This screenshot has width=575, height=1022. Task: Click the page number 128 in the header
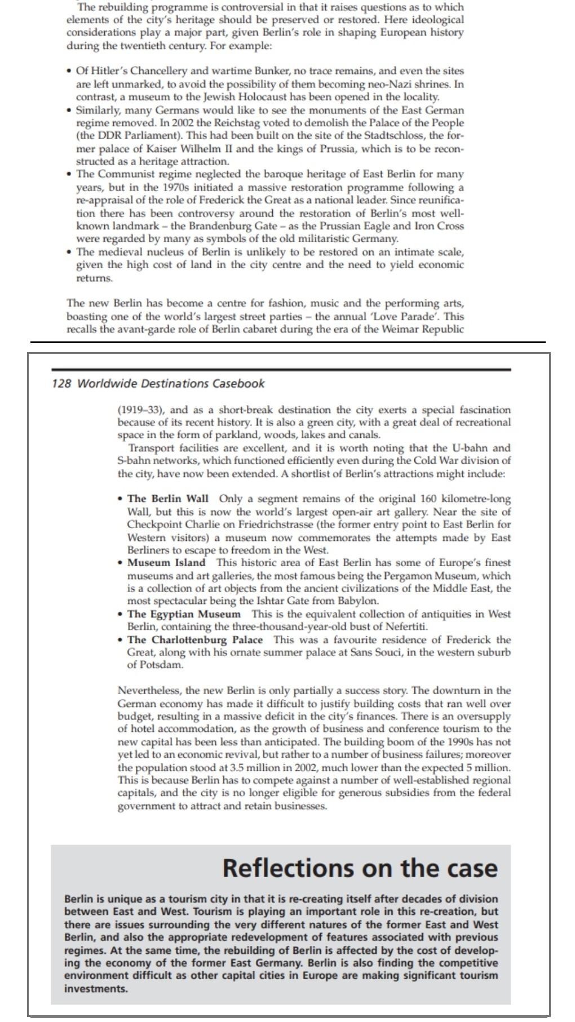[x=61, y=384]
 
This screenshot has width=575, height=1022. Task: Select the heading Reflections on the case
[x=360, y=868]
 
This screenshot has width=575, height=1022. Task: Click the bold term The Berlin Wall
[x=168, y=499]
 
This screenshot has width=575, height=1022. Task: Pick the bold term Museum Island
[x=166, y=562]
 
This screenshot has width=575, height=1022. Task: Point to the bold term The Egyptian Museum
[x=184, y=614]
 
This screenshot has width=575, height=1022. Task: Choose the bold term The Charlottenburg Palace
[x=195, y=640]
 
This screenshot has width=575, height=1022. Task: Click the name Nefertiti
[x=408, y=626]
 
